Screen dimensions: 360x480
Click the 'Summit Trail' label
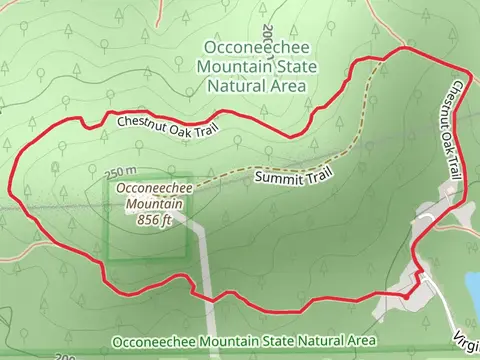click(x=293, y=176)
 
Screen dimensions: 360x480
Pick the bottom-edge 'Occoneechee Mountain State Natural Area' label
click(x=243, y=342)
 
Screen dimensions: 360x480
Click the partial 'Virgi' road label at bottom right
click(x=466, y=340)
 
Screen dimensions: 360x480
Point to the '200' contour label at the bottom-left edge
click(x=66, y=355)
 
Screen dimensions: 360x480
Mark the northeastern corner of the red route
click(x=404, y=48)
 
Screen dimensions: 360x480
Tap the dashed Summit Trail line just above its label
click(x=300, y=162)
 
